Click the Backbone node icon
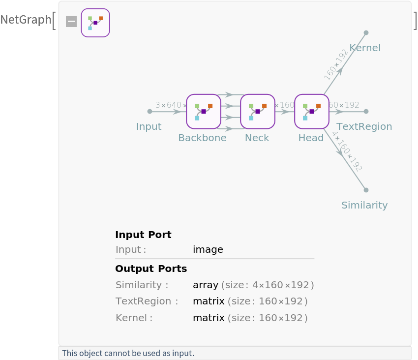tap(204, 111)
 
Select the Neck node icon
tap(258, 111)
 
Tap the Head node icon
tap(312, 111)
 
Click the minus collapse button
tap(71, 22)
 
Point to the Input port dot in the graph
tap(149, 112)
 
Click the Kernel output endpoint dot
tap(366, 33)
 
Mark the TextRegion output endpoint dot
tap(366, 112)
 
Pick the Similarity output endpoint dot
tap(366, 190)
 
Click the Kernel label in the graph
tap(365, 48)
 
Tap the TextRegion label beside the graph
tap(364, 126)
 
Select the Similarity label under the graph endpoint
tap(364, 205)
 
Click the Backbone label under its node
tap(202, 138)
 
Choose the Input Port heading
tap(143, 235)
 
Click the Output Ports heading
tap(151, 269)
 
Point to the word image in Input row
tap(208, 249)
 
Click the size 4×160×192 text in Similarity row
tap(268, 285)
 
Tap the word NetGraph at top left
tap(25, 20)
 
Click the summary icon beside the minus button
tap(95, 23)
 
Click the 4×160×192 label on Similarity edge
tap(347, 151)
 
